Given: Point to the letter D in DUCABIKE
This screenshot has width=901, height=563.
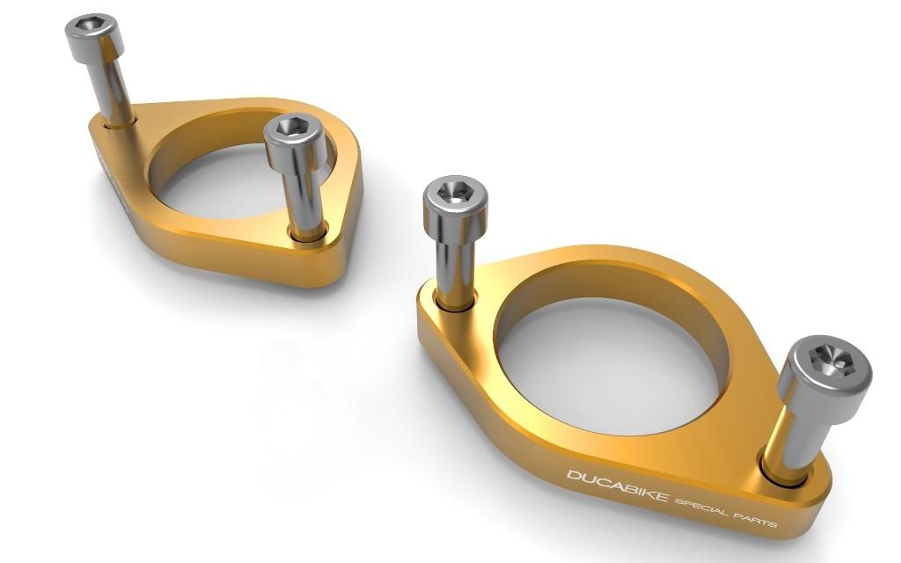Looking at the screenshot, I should click(573, 475).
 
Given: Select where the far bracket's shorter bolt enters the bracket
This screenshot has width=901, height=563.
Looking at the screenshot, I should click(307, 233).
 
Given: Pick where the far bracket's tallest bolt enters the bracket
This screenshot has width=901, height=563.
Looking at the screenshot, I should click(120, 122).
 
